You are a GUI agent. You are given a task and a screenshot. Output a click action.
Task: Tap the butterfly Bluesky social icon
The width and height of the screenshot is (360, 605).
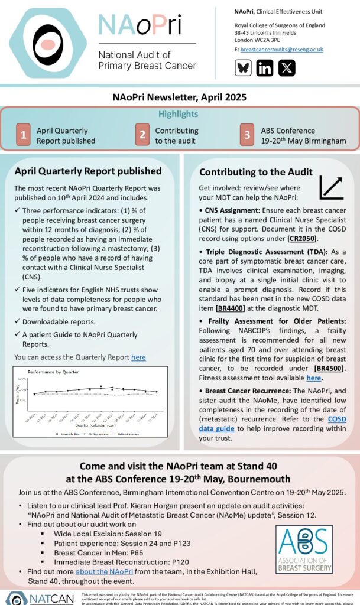point(244,68)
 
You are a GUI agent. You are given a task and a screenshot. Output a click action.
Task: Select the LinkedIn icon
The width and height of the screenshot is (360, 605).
point(265,68)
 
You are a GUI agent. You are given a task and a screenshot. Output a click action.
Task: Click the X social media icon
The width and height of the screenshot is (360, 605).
point(287,68)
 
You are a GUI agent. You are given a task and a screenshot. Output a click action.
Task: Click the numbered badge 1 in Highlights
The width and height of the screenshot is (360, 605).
point(23,135)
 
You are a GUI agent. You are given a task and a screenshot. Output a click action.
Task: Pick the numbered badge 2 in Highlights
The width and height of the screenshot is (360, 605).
point(142,135)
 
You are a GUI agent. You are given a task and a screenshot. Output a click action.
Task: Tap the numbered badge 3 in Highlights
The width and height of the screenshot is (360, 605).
point(248,135)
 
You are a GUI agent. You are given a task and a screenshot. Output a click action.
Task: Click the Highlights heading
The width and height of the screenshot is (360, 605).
point(179,114)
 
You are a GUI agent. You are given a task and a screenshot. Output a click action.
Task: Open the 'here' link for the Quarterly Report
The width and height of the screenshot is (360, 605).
point(138,357)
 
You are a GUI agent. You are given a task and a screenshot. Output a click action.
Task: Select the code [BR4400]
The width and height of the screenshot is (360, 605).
point(232,308)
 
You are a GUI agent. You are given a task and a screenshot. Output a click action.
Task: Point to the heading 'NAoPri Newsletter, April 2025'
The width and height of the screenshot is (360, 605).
point(180,97)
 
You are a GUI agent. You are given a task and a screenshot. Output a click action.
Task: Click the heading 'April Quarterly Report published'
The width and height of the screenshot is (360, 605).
point(88,171)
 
